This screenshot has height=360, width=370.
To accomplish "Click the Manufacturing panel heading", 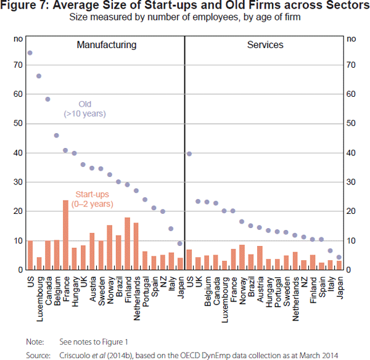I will coord(106,45).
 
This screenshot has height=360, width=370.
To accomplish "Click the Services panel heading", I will coord(265,45).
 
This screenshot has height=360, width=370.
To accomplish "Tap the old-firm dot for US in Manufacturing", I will coord(30,52).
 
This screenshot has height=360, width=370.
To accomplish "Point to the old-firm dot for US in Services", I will coord(189,153).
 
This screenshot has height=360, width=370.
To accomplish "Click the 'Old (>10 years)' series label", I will coord(84,108).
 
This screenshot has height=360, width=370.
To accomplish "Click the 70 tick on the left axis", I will coord(18,65).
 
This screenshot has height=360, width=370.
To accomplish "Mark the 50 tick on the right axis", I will coord(351,123).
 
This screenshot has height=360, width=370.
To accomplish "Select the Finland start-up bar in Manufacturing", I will coord(127,243).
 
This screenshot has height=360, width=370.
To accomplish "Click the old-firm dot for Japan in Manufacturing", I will coord(180,243).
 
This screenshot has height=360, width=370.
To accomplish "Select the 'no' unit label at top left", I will coord(18,39).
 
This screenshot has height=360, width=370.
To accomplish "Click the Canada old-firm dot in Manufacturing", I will coord(47,99).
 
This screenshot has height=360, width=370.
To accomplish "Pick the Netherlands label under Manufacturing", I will coord(136,296).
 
